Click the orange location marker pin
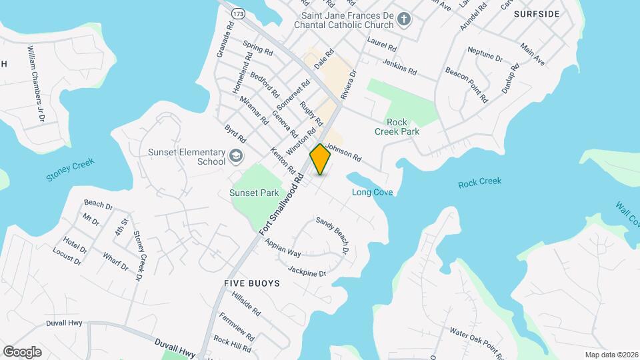(x=321, y=159)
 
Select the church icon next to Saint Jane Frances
(x=403, y=19)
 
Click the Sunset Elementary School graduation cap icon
(x=235, y=156)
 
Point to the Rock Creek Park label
(x=403, y=127)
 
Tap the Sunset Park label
(x=254, y=193)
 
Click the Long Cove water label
(x=372, y=193)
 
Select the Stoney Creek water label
(x=70, y=170)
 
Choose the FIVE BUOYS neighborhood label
(x=252, y=283)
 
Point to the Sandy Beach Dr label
(x=333, y=235)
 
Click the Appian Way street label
(x=283, y=248)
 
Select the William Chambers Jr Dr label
(x=35, y=83)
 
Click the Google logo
(x=22, y=351)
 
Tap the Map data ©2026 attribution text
(x=611, y=355)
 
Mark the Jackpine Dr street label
(x=307, y=271)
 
